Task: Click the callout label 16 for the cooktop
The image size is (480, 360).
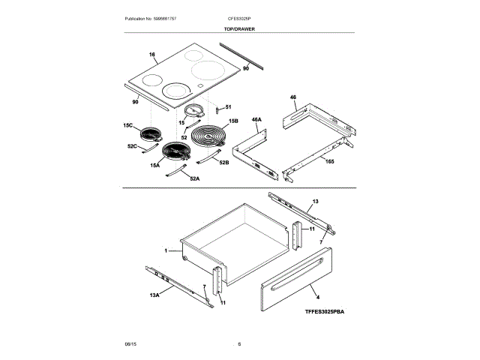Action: [152, 55]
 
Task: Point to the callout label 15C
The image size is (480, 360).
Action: [127, 125]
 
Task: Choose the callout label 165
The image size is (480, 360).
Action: [330, 160]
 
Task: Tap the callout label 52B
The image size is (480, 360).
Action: [223, 162]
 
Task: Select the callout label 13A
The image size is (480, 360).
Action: [155, 295]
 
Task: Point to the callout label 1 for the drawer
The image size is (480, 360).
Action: [166, 250]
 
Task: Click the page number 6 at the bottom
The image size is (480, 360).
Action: [239, 344]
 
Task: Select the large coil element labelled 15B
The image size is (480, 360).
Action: [210, 139]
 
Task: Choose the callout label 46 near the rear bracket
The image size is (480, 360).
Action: [294, 97]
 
